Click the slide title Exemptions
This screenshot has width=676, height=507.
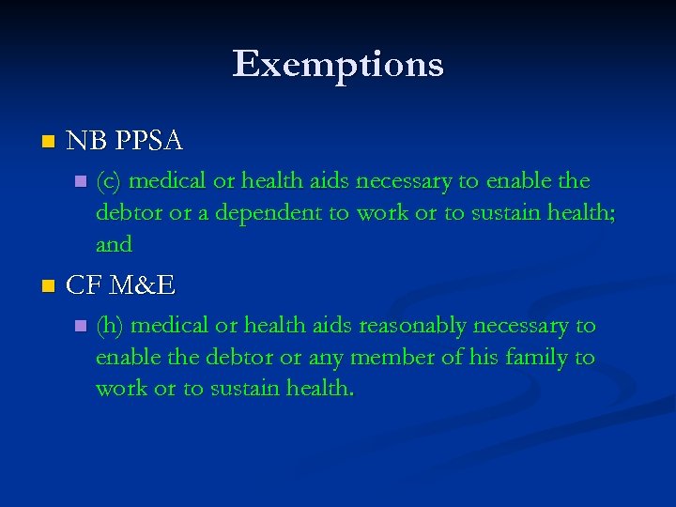[x=338, y=65]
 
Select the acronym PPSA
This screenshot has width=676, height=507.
[x=149, y=142]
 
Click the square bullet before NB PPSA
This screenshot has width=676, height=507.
[x=49, y=143]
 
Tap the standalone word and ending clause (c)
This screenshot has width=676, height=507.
[x=114, y=245]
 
